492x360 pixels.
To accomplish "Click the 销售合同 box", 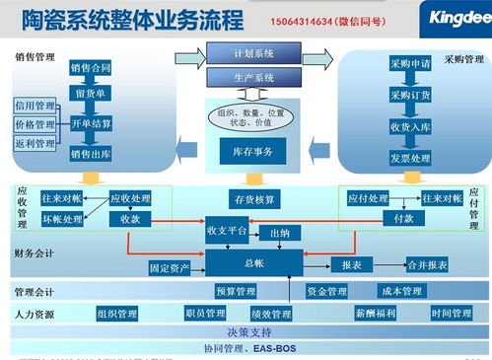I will coord(91,68).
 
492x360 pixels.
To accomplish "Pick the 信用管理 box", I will coord(35,105).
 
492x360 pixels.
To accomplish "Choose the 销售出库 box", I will coord(91,154).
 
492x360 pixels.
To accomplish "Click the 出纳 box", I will coord(281,234).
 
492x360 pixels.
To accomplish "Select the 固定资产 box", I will coord(171,267).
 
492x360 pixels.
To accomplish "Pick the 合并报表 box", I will coord(427,265).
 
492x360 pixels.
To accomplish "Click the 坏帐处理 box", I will coord(61,219).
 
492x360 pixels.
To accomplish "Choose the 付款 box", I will coord(402,218).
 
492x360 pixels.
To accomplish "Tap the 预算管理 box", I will coord(235,292).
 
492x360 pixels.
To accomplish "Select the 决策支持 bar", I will coord(247,331).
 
